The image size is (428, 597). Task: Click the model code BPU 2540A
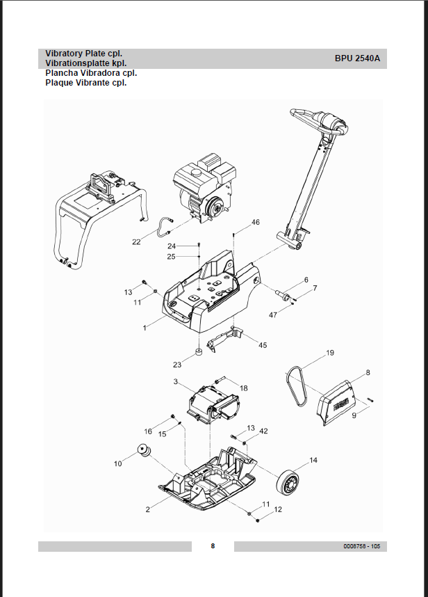click(x=357, y=58)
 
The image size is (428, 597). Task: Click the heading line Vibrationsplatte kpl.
click(x=85, y=63)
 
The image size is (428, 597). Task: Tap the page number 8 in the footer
click(x=213, y=546)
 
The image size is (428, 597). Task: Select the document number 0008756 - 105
click(x=361, y=546)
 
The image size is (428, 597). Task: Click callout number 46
click(x=256, y=222)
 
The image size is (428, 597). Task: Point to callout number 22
click(x=136, y=242)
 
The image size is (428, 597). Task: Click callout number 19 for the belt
click(x=331, y=353)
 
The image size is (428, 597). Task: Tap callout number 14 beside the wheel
click(x=313, y=460)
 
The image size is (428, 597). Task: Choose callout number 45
click(x=263, y=345)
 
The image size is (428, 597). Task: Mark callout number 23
click(x=177, y=364)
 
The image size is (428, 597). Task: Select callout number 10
click(x=118, y=463)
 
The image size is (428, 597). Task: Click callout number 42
click(x=263, y=431)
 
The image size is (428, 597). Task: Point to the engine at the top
click(x=203, y=193)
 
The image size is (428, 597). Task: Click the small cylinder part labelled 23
click(x=197, y=351)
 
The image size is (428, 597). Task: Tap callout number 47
click(x=273, y=315)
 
